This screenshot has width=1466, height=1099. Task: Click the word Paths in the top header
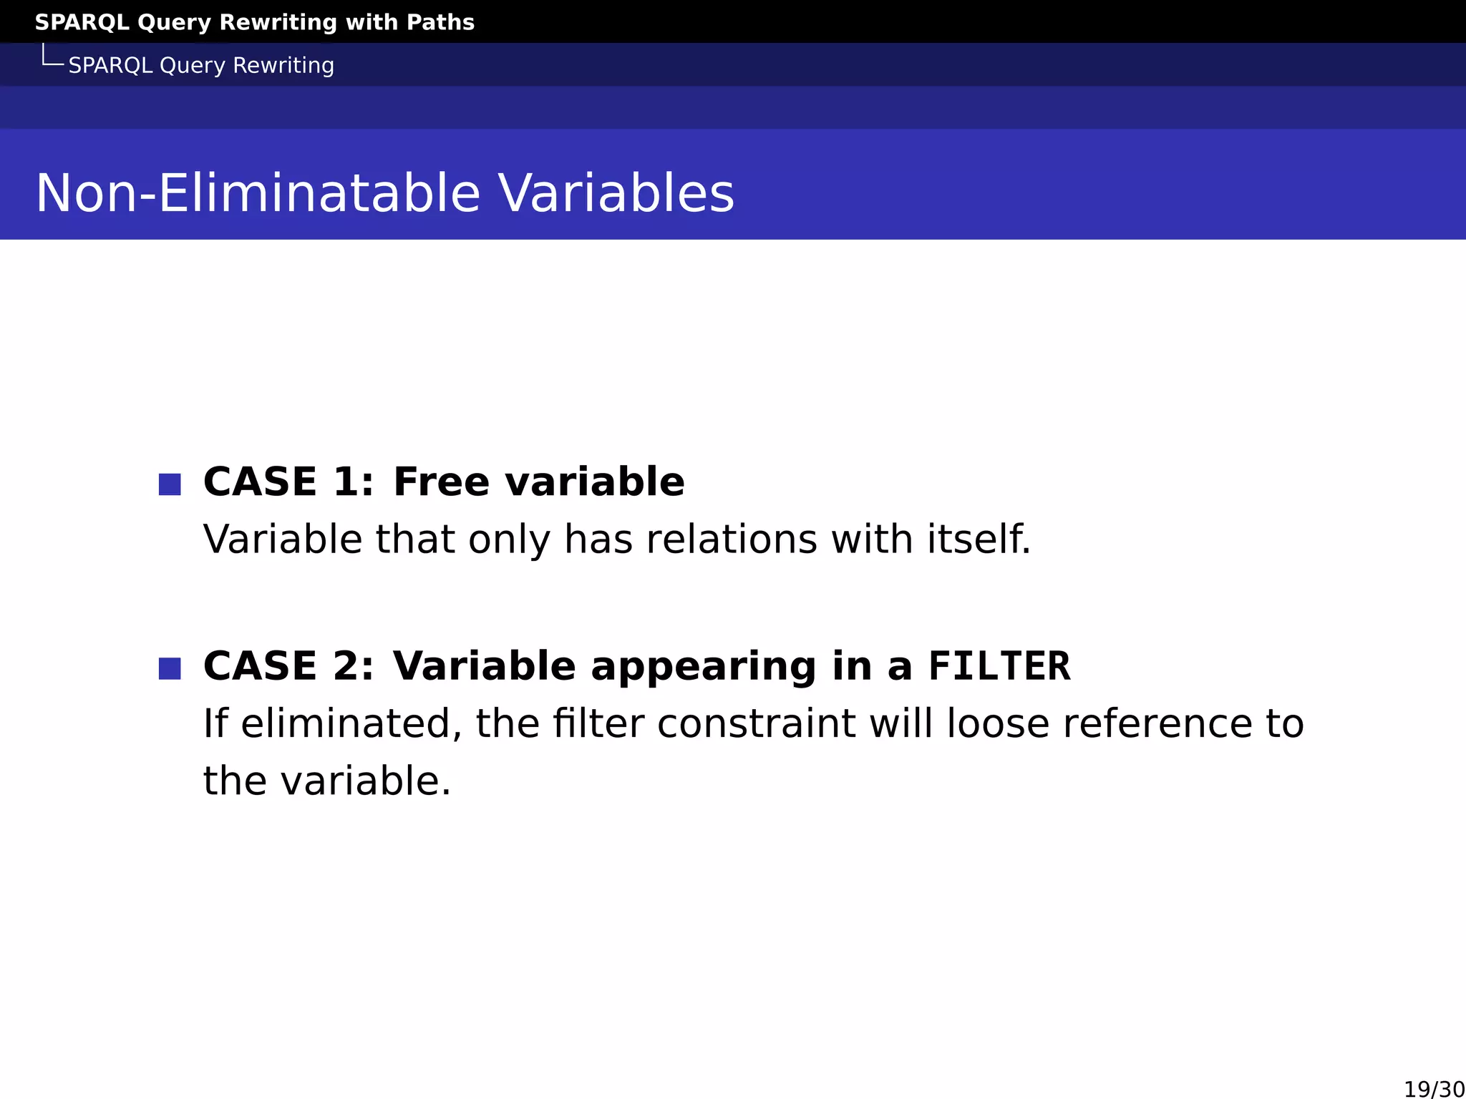[x=440, y=22]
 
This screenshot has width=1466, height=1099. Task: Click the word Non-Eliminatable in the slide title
[x=257, y=193]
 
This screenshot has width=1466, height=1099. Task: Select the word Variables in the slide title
[x=616, y=193]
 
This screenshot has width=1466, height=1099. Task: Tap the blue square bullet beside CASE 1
[x=170, y=484]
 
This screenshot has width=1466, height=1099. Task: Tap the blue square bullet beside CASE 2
[x=170, y=668]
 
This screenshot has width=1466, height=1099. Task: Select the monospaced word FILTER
[x=999, y=666]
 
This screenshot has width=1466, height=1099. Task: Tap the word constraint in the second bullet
[x=756, y=723]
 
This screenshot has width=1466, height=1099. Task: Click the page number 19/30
[x=1434, y=1089]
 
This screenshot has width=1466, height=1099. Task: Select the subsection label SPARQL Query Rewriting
[x=201, y=65]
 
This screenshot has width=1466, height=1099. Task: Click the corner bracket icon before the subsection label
[x=52, y=56]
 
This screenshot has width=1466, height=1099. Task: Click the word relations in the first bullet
[x=732, y=539]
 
